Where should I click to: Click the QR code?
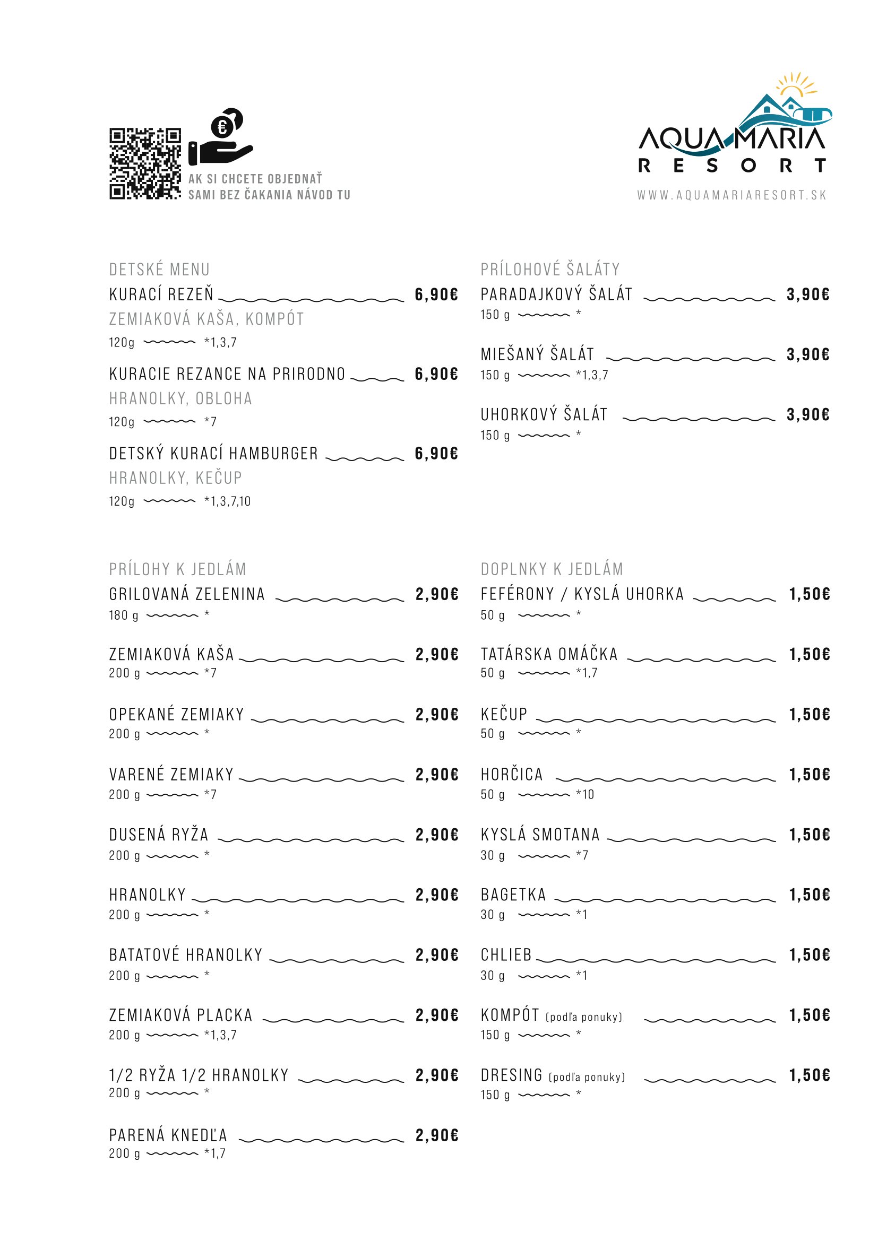tap(145, 164)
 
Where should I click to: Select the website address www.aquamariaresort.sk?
tap(731, 195)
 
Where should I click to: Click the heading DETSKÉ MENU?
tap(159, 269)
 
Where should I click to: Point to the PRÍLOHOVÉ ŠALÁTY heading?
tap(550, 269)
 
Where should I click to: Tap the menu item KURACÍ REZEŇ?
tap(161, 294)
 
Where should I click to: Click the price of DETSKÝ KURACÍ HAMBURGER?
tap(436, 454)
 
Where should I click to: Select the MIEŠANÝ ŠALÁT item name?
tap(537, 354)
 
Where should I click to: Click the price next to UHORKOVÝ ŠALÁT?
tap(808, 414)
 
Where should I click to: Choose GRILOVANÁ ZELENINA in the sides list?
tap(187, 594)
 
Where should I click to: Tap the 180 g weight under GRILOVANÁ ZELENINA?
tap(124, 615)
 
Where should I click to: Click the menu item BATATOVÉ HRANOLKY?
tap(186, 954)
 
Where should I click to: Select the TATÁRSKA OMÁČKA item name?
tap(549, 654)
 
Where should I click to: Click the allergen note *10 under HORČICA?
tap(585, 794)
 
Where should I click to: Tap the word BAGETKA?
tap(514, 895)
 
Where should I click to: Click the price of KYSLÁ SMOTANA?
tap(810, 835)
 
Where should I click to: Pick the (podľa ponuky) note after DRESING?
tap(587, 1077)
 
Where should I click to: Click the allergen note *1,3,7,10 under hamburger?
tap(228, 501)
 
